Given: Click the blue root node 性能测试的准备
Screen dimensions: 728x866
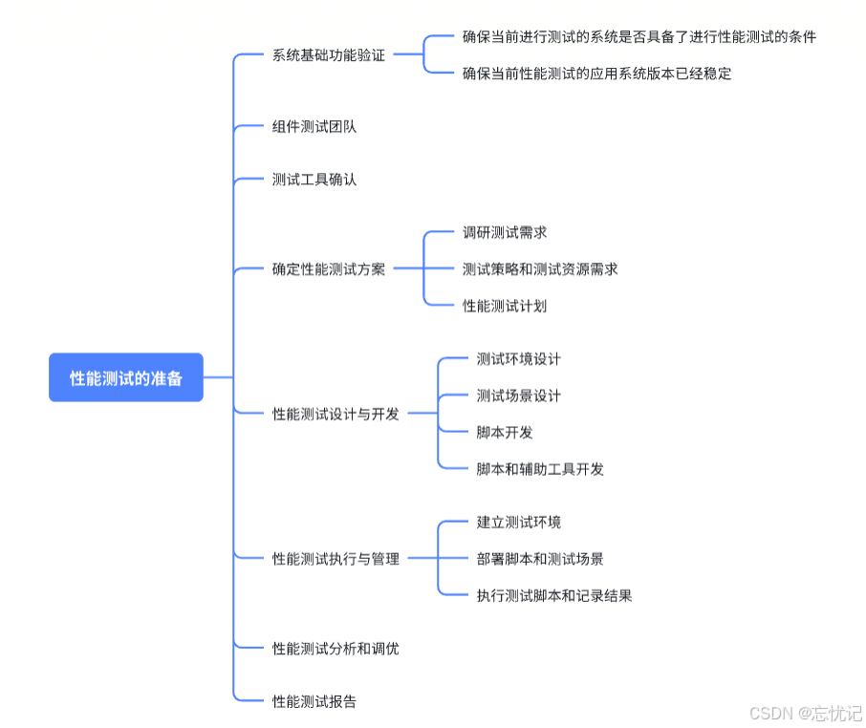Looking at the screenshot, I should coord(125,377).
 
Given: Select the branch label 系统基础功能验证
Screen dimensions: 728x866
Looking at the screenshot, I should coord(329,55).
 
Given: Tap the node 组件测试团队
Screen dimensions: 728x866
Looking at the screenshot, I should coord(314,126).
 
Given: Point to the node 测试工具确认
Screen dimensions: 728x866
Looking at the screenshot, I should coord(314,179).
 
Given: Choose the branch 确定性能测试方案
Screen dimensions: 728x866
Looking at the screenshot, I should coord(329,268).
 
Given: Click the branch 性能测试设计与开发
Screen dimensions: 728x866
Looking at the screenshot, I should coord(336,414).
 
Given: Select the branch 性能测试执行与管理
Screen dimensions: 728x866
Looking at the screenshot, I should coord(336,559).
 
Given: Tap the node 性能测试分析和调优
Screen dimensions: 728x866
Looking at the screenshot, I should coord(336,649).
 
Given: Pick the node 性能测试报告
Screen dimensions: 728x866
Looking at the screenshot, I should coord(314,701).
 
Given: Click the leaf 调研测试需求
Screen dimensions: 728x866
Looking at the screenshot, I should coord(505,232).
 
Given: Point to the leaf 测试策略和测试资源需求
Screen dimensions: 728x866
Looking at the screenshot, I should coord(540,268).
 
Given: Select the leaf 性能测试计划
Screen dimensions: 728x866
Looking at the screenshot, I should coord(505,306).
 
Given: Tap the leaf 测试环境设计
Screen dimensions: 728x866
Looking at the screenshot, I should coord(519,359).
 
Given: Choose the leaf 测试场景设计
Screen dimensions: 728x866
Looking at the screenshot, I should coord(519,396).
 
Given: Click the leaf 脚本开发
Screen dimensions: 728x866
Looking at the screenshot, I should coord(505,432).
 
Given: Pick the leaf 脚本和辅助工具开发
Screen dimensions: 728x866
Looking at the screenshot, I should coord(540,469).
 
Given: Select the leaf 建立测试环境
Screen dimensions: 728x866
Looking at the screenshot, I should coord(519,523).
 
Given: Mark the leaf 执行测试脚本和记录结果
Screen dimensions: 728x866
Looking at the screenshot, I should coord(554,595).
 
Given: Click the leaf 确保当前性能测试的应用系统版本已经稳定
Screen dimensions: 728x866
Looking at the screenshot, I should coord(597,74).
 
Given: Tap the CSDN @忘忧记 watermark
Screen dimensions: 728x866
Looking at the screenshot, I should coord(805,713).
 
